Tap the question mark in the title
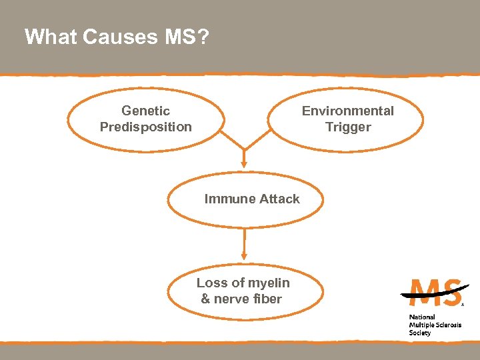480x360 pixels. (203, 37)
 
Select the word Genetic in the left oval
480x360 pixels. (145, 111)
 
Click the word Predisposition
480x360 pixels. (145, 127)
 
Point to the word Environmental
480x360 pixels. (347, 111)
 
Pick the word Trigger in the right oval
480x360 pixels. (347, 127)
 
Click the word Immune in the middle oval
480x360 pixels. (225, 199)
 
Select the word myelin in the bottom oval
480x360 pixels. (269, 283)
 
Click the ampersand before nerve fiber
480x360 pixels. (205, 299)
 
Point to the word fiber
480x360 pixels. (267, 299)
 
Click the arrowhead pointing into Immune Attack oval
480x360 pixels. (244, 162)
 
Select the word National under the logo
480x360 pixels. (422, 317)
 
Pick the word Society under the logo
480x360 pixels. (420, 333)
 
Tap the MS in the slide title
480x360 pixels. (179, 37)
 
